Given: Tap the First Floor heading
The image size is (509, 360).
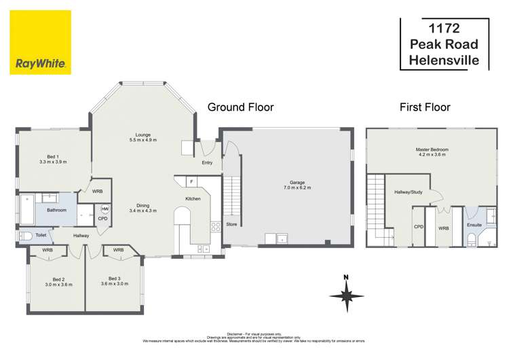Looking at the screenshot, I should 425,107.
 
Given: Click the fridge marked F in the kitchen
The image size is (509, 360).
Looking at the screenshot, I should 192,182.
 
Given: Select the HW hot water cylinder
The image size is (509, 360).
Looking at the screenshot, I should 105,209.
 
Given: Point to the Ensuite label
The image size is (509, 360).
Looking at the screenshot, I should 474,225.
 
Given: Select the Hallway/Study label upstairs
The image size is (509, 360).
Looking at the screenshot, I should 409,192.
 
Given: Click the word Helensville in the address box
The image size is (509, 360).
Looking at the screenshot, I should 444,60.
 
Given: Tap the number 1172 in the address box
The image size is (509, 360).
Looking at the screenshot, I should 444,29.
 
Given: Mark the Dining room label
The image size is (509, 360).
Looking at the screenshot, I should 143,208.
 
